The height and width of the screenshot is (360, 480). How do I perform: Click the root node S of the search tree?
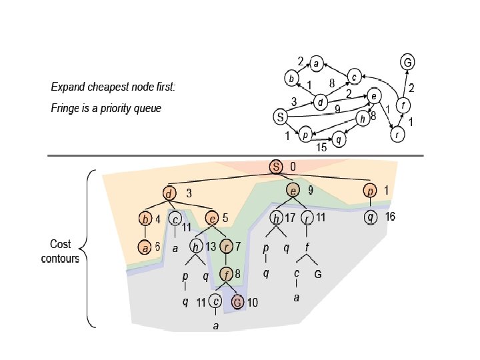tap(277, 166)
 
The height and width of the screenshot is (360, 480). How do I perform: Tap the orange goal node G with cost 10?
tap(237, 301)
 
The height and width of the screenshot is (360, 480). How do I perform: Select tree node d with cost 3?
tap(169, 194)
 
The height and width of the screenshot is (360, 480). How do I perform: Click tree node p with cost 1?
tap(371, 191)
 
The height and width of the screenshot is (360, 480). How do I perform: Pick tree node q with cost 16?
tap(371, 217)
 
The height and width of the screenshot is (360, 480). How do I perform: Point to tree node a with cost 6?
tap(145, 247)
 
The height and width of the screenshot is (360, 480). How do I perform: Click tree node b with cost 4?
tap(145, 218)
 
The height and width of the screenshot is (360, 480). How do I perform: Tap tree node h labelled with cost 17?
tap(276, 217)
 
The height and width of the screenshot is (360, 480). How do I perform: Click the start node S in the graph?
tap(281, 117)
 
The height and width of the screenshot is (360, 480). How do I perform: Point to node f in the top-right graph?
tap(402, 105)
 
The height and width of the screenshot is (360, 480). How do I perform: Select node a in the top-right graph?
tap(317, 65)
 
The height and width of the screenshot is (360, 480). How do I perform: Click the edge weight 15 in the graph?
tap(322, 148)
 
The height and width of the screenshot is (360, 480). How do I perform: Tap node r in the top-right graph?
tap(397, 134)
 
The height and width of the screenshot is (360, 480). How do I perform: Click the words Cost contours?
tap(65, 251)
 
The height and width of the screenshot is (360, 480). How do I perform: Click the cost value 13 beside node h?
tap(211, 247)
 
